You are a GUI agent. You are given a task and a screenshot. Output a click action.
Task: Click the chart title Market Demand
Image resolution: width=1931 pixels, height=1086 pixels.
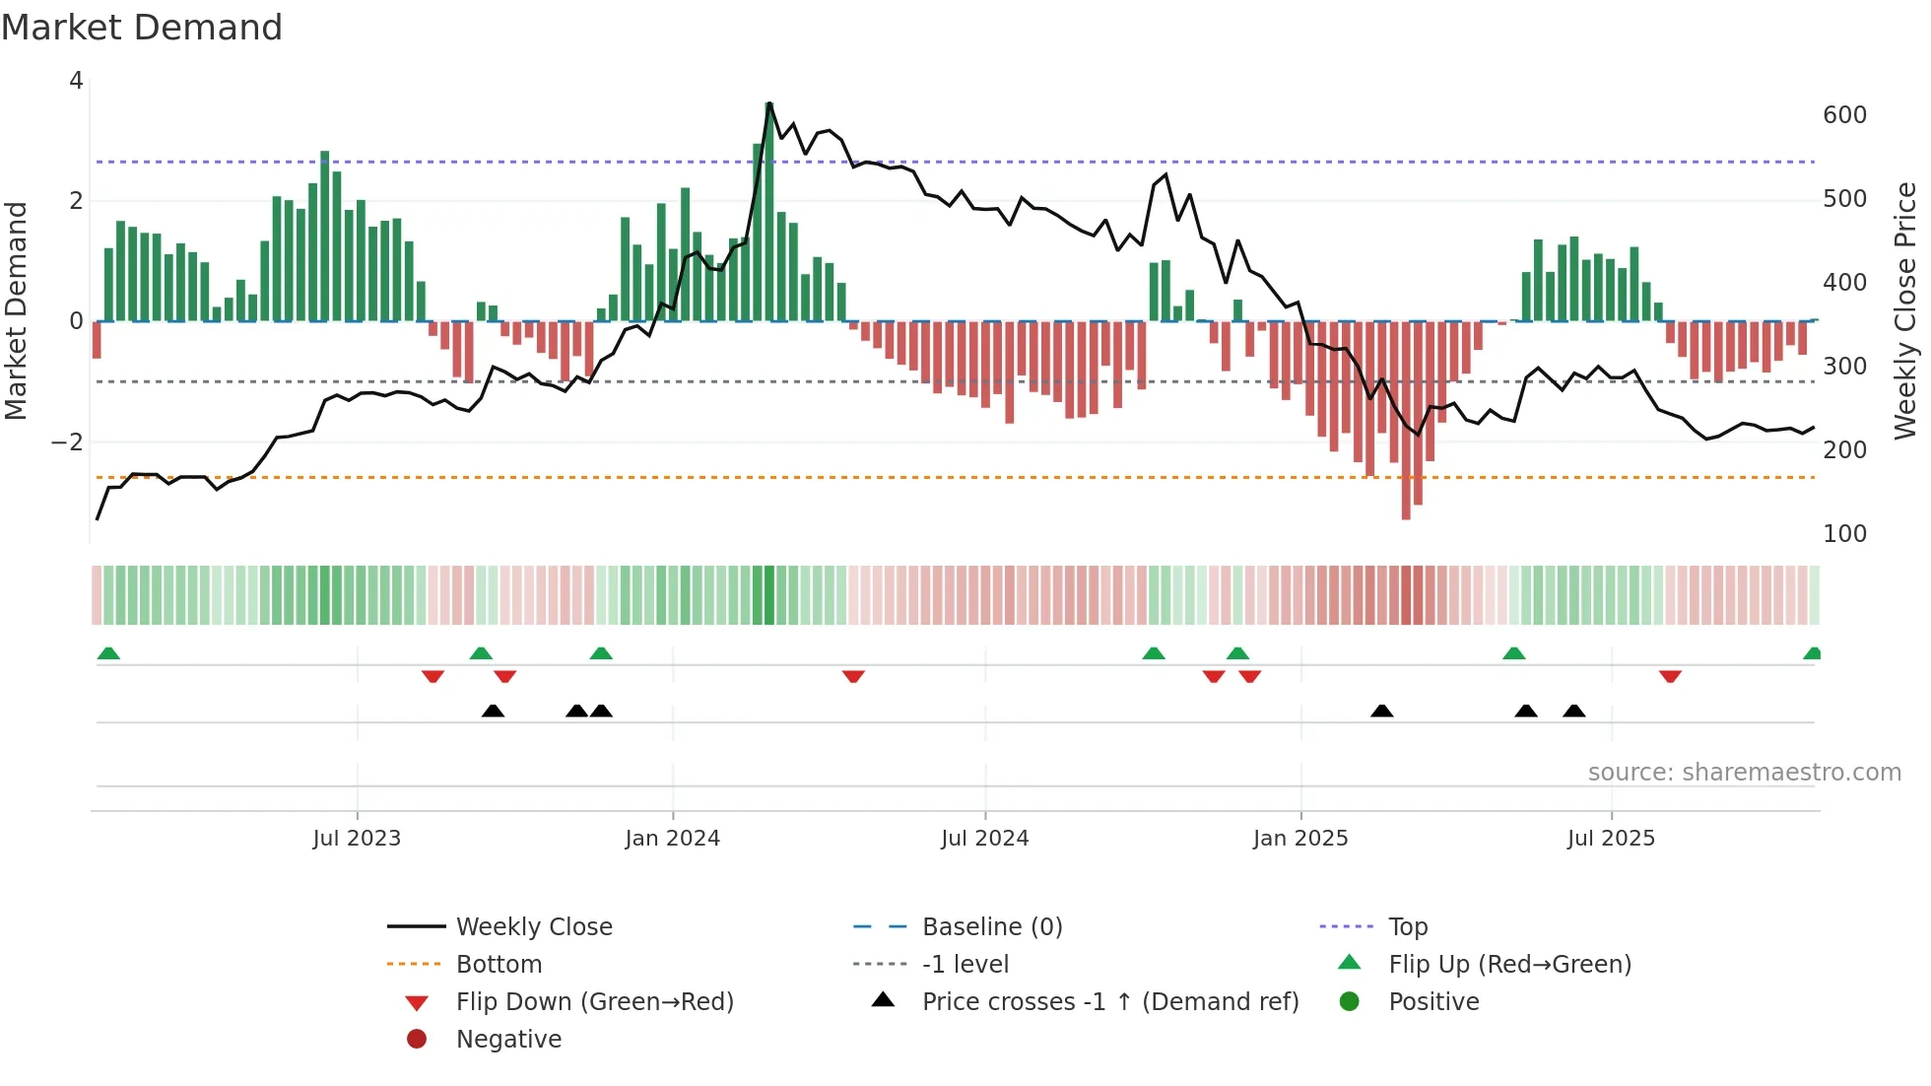click(x=142, y=28)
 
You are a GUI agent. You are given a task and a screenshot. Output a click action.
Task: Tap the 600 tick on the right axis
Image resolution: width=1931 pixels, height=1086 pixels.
click(x=1844, y=115)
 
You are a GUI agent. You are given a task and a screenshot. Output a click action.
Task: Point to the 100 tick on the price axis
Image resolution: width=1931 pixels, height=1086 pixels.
click(x=1844, y=534)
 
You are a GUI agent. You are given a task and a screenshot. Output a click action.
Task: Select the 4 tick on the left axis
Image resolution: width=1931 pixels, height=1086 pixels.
click(x=76, y=81)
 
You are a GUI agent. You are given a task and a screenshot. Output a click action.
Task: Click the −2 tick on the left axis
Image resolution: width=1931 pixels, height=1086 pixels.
click(x=67, y=442)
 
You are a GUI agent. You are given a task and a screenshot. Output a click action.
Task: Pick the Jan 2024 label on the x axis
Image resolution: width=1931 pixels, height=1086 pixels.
click(x=672, y=839)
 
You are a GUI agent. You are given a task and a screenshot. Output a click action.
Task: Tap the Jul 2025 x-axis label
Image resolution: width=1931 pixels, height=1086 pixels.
click(x=1611, y=839)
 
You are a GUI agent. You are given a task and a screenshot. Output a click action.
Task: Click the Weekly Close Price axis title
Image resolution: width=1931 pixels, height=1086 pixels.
click(x=1905, y=310)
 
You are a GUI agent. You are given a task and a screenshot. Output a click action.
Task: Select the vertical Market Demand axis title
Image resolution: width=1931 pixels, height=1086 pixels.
click(x=17, y=310)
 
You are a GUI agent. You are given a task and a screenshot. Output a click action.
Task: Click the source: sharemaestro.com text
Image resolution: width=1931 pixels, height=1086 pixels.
click(x=1744, y=773)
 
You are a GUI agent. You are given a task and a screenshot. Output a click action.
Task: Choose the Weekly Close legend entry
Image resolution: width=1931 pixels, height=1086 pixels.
click(x=533, y=927)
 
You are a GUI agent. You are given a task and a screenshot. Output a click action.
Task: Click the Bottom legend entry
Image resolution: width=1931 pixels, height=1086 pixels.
click(x=499, y=965)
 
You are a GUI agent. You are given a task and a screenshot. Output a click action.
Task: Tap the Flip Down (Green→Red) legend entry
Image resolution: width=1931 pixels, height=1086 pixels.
click(x=594, y=1002)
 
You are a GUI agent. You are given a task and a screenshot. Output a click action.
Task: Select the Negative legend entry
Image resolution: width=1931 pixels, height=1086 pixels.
click(x=508, y=1040)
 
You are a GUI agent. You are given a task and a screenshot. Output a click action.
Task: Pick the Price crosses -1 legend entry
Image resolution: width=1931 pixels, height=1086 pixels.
click(x=1109, y=1002)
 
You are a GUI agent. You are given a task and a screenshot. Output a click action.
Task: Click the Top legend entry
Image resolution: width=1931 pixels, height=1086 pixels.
click(x=1408, y=927)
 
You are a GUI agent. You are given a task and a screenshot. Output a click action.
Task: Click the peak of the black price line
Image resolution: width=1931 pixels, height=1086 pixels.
click(x=768, y=102)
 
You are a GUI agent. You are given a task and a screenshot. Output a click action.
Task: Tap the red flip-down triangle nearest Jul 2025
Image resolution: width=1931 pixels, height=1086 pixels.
click(x=1670, y=676)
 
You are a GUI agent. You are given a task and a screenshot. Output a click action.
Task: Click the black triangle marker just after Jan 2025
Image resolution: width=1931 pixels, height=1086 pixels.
click(x=1382, y=711)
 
